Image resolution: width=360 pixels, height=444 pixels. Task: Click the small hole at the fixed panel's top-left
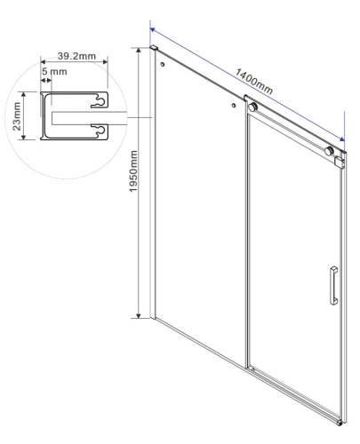(162, 64)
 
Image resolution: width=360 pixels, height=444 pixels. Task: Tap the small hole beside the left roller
(235, 105)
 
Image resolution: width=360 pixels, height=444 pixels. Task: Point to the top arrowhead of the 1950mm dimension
(139, 51)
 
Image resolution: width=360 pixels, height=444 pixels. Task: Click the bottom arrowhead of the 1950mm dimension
(139, 314)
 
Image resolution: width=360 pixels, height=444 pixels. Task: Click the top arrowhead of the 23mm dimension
(28, 95)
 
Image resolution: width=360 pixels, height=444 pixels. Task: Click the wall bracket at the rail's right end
(339, 160)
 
